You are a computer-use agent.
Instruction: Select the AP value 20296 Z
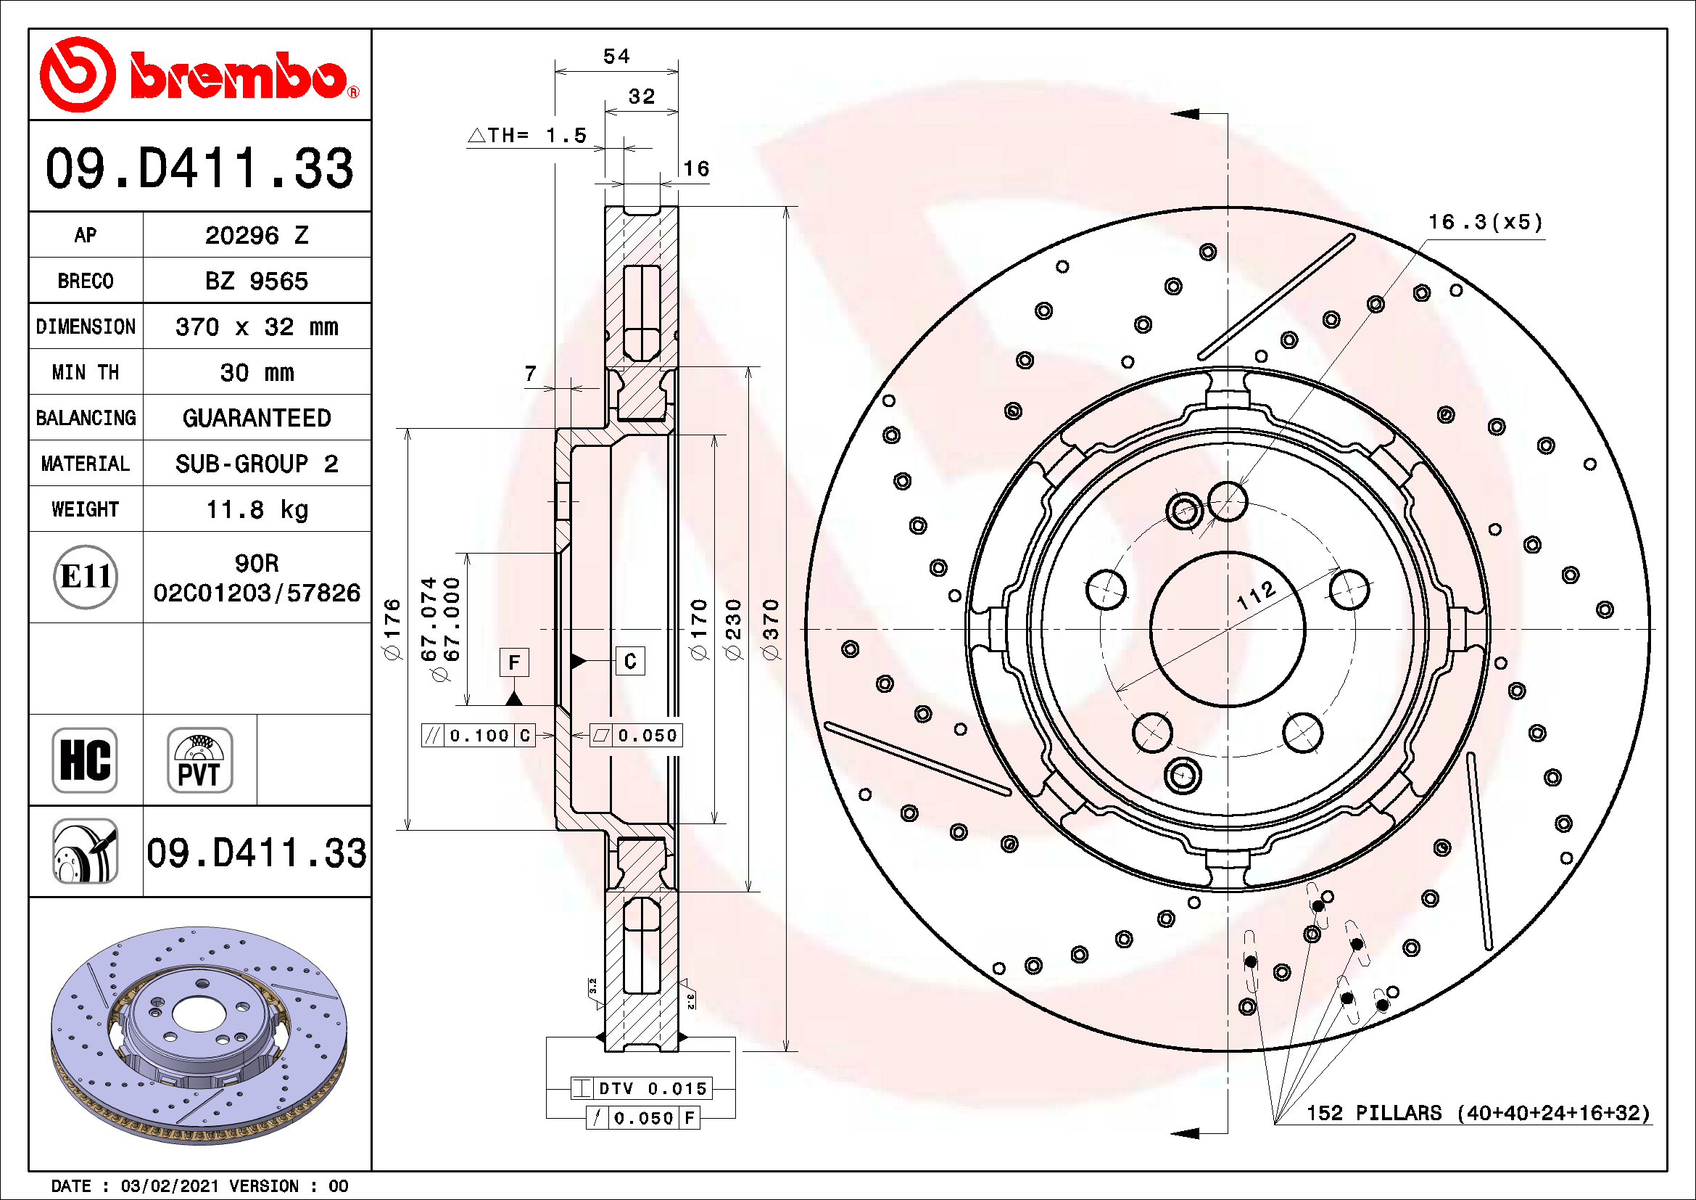256,236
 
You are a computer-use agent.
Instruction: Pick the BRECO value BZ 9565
256,281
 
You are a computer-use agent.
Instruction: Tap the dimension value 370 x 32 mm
256,326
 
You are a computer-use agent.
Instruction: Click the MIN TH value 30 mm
256,372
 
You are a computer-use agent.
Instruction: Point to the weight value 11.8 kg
256,510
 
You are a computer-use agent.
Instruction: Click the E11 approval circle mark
86,577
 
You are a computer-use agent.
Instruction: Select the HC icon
85,760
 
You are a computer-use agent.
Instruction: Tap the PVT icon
199,760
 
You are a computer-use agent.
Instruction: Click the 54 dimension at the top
617,56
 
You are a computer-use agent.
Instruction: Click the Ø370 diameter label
771,630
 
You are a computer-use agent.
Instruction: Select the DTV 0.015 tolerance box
641,1088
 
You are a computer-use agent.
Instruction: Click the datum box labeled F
514,662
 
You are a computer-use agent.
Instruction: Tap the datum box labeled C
630,661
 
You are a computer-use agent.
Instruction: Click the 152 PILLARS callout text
1477,1113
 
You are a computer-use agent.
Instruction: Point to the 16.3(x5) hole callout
1486,223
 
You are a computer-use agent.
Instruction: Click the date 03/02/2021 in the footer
170,1186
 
